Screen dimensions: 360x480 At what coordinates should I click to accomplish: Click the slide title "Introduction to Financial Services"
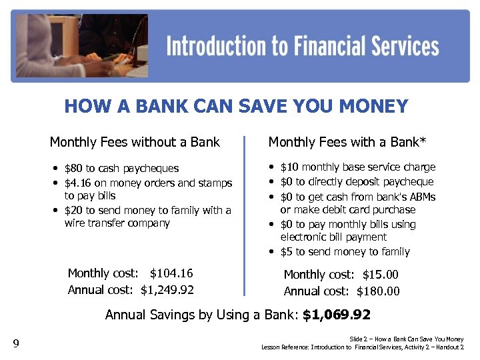tap(302, 47)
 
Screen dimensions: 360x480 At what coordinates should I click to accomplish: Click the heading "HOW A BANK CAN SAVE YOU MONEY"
tap(236, 107)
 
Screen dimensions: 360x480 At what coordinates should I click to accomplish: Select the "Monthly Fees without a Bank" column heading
tap(135, 142)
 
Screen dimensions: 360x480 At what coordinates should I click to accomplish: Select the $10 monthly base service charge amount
tap(289, 167)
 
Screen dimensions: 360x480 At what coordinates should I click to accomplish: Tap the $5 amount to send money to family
tap(286, 252)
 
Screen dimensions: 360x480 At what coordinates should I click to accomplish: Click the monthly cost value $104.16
tap(171, 273)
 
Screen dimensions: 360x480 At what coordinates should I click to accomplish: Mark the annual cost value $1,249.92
tap(167, 290)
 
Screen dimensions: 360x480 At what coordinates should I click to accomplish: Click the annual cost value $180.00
tap(378, 291)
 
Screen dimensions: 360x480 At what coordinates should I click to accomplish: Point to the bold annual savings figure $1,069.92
tap(336, 315)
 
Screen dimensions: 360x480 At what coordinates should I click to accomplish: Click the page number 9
tap(16, 344)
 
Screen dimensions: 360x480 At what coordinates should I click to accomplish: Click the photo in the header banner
tap(80, 45)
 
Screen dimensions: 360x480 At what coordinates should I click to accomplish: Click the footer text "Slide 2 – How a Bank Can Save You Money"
tap(406, 339)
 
